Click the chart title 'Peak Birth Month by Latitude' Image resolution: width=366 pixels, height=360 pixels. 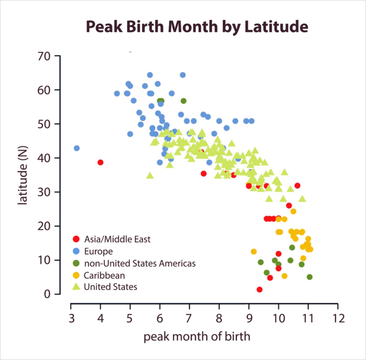click(196, 27)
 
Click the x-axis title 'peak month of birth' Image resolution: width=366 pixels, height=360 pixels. click(197, 337)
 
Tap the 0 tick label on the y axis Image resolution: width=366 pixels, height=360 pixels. click(47, 294)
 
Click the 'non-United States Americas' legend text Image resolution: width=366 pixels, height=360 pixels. click(140, 263)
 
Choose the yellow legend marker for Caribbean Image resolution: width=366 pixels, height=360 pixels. click(75, 275)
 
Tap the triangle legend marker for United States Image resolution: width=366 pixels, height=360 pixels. click(75, 287)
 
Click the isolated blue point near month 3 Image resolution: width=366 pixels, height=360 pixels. click(77, 148)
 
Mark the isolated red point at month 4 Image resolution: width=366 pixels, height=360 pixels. click(101, 163)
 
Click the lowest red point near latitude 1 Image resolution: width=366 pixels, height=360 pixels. click(260, 289)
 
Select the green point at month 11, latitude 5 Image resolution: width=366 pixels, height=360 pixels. click(310, 277)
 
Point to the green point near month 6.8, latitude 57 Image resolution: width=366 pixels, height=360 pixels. click(183, 101)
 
